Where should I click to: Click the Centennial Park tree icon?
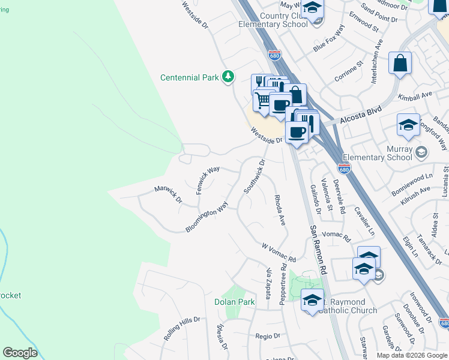pyautogui.click(x=228, y=77)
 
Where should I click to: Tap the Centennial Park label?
pyautogui.click(x=189, y=77)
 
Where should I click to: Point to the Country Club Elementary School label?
pyautogui.click(x=273, y=20)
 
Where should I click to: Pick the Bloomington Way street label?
pyautogui.click(x=207, y=217)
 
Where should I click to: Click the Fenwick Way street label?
pyautogui.click(x=209, y=179)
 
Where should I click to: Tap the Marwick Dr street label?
pyautogui.click(x=168, y=194)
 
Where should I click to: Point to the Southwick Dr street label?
pyautogui.click(x=254, y=176)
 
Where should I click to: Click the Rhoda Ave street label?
pyautogui.click(x=280, y=209)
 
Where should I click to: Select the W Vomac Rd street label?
pyautogui.click(x=279, y=253)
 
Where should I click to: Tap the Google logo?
pyautogui.click(x=20, y=353)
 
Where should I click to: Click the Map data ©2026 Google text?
pyautogui.click(x=411, y=355)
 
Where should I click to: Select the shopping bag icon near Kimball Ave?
pyautogui.click(x=400, y=63)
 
